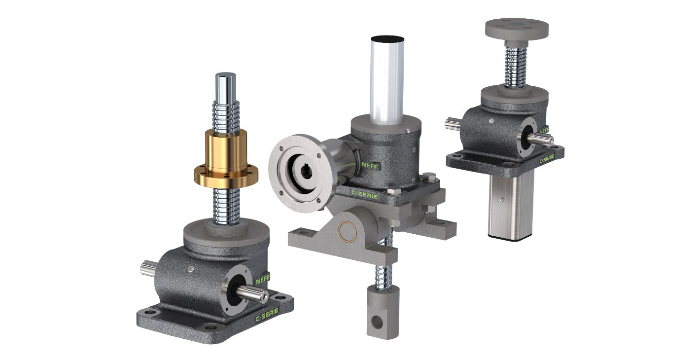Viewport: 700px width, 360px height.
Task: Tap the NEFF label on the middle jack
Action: tap(370, 165)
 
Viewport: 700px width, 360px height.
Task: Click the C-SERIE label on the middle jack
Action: tap(364, 192)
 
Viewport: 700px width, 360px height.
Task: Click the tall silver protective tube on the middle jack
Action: tap(387, 79)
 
